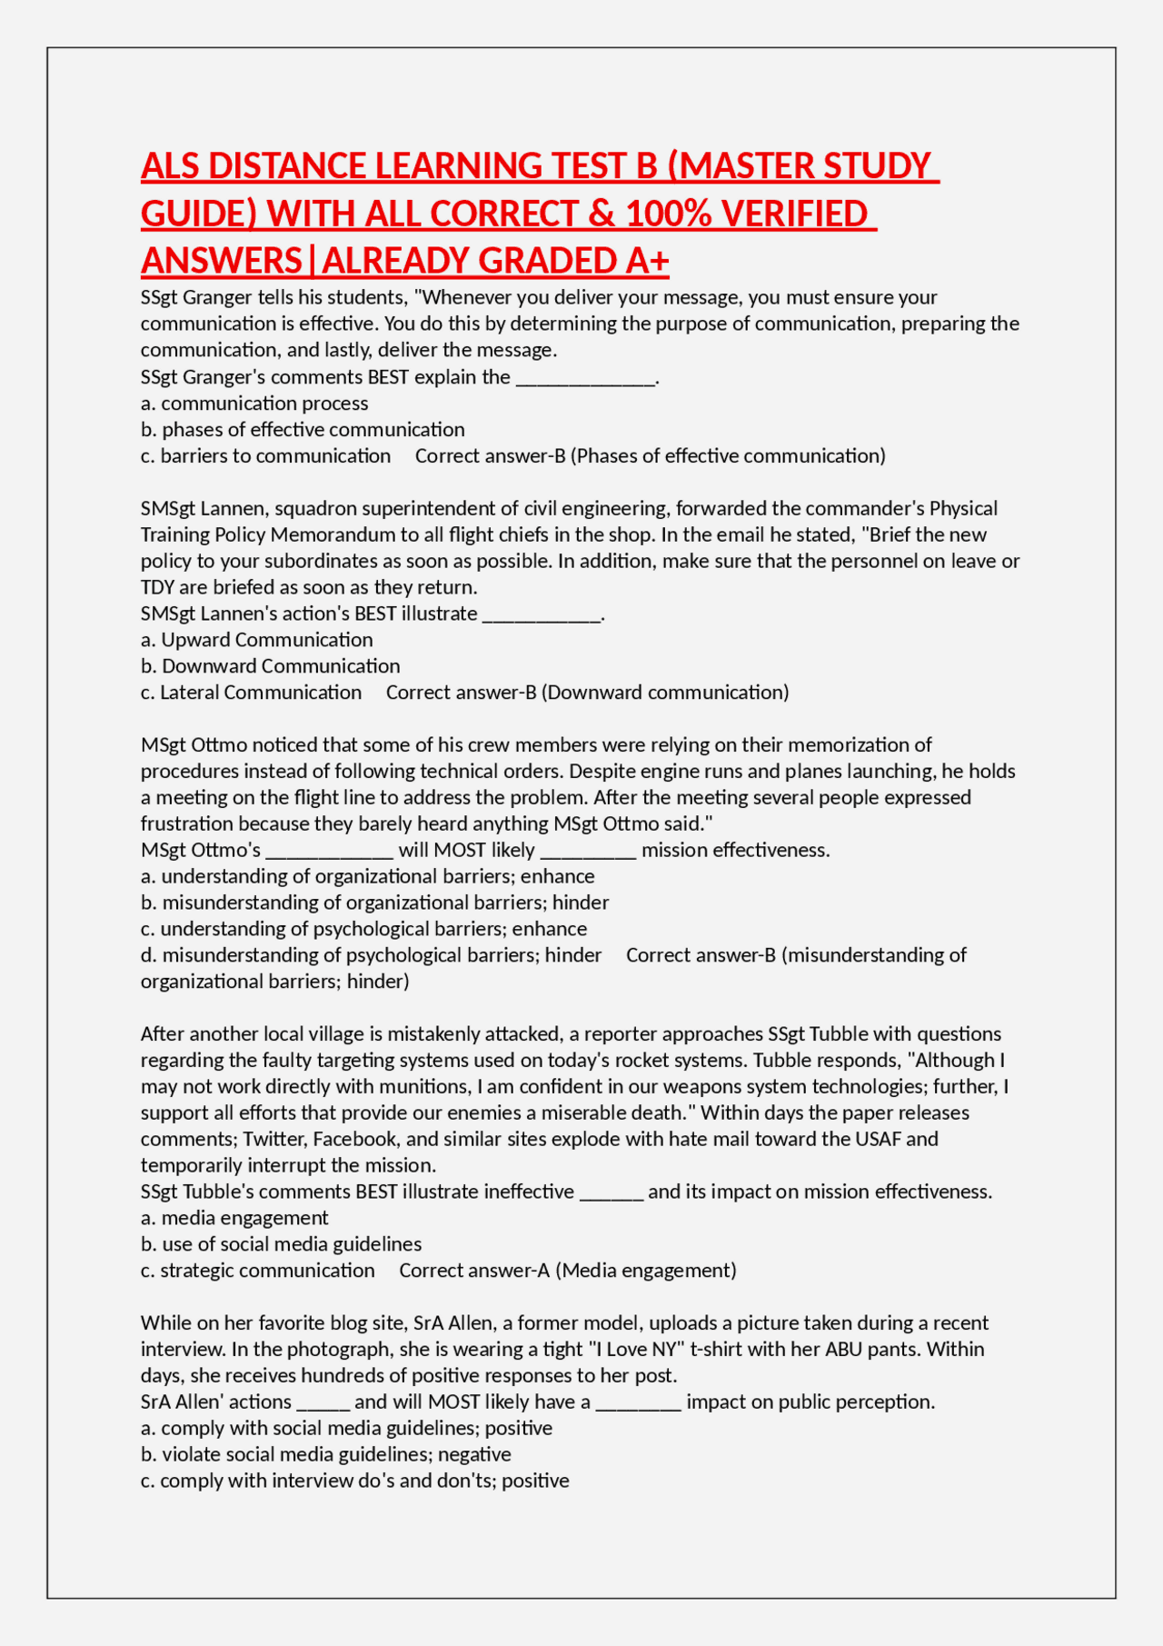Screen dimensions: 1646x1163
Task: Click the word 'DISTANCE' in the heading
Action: [x=288, y=166]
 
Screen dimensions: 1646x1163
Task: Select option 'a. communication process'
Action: [x=254, y=403]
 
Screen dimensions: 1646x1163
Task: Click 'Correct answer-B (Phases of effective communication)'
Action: [x=650, y=455]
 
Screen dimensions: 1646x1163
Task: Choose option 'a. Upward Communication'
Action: [x=257, y=640]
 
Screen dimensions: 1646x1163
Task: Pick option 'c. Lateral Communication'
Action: [x=251, y=693]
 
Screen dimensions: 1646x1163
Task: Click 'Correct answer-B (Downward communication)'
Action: [x=587, y=693]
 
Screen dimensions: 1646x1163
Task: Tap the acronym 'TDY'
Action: [x=157, y=587]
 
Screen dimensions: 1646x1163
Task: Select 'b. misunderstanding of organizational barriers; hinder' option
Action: [x=374, y=903]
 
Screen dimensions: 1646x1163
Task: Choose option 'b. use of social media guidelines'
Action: [x=281, y=1244]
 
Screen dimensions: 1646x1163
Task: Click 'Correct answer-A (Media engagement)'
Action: [x=568, y=1271]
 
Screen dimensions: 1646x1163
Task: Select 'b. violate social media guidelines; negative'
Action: [x=325, y=1454]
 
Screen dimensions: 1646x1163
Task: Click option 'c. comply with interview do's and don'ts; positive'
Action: [x=354, y=1481]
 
